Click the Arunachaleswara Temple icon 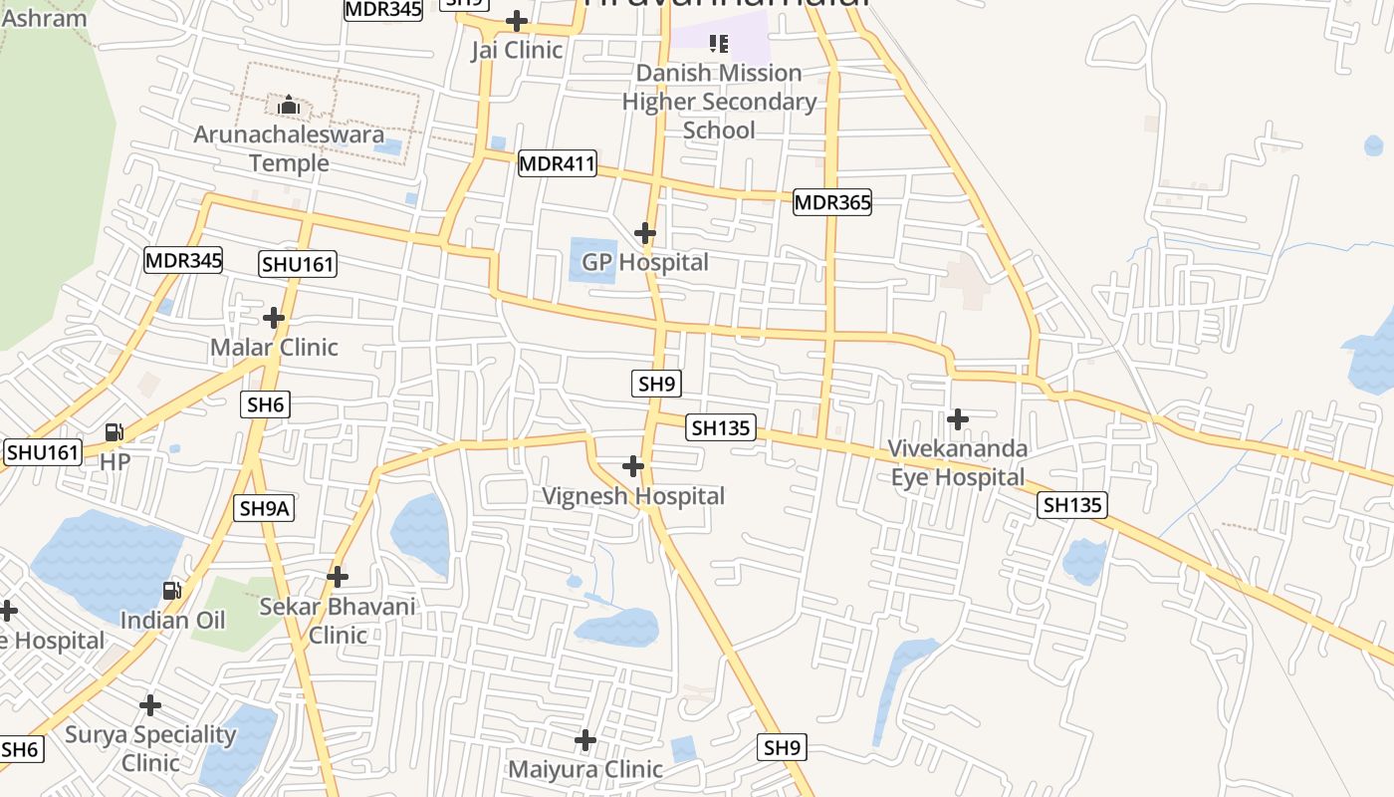pos(289,105)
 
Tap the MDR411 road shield pos(558,164)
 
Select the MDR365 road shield pos(832,203)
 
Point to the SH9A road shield pos(265,508)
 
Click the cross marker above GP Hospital pos(645,234)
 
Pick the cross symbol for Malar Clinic pos(274,318)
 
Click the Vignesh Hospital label pos(633,495)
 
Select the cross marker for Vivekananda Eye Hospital pos(958,419)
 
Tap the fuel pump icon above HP pos(115,432)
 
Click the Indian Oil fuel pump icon pos(172,591)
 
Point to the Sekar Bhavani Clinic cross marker pos(338,577)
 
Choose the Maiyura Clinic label pos(584,769)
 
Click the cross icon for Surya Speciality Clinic pos(150,705)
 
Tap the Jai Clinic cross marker pos(517,21)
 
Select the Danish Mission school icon pos(719,44)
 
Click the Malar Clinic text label pos(274,347)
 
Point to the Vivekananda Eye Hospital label pos(957,463)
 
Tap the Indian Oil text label pos(173,620)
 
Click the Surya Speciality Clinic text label pos(150,748)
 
